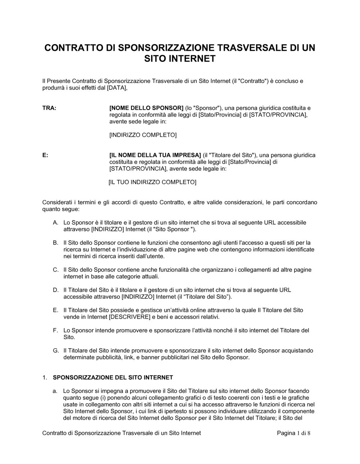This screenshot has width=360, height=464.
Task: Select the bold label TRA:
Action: (49, 108)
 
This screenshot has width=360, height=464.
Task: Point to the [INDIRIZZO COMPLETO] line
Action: (143, 135)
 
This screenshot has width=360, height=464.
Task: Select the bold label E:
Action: (45, 155)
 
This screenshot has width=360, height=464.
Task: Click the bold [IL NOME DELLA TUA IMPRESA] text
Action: (155, 155)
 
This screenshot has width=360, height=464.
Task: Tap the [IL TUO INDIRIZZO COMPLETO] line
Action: (152, 182)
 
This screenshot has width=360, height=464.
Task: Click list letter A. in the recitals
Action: (55, 223)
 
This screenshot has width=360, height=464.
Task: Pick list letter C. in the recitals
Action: (55, 270)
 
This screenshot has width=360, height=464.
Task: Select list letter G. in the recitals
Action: (55, 351)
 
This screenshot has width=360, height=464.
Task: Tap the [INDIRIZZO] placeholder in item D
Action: (138, 297)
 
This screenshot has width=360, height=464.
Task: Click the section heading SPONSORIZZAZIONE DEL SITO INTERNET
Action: (113, 378)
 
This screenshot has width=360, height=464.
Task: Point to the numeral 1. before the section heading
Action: (45, 378)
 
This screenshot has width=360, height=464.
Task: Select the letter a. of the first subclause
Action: (55, 391)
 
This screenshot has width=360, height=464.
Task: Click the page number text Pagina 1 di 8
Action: (293, 433)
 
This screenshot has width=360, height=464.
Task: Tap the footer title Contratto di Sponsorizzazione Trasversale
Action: (122, 433)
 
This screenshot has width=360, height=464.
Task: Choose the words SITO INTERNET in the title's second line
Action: (180, 59)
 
